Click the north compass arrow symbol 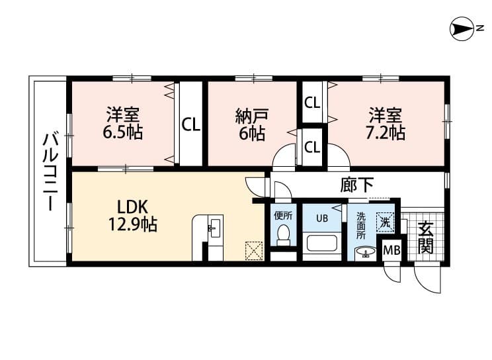[x=460, y=28]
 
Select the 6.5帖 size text [x=123, y=132]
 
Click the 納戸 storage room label [x=251, y=116]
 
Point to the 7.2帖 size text [x=387, y=132]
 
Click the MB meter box [x=392, y=251]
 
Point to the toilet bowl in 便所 [x=284, y=234]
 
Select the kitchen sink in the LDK [x=214, y=230]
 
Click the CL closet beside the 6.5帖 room [x=191, y=124]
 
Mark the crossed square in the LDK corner [x=254, y=251]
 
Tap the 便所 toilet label [x=284, y=215]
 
